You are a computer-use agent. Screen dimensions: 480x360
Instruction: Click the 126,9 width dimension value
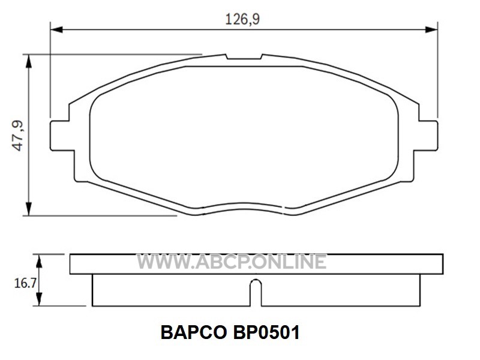point(242,19)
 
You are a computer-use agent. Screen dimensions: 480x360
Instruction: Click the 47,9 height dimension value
point(18,136)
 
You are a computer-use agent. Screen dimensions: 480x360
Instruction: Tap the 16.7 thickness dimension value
point(25,283)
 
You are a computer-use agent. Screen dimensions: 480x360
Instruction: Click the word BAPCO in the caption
point(193,333)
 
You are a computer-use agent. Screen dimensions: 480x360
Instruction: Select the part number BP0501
point(266,333)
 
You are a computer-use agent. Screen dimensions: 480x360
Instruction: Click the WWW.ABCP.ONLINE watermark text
point(232,262)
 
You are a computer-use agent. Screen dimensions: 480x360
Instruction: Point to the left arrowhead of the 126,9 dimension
point(56,29)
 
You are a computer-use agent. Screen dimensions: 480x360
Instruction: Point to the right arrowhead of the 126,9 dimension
point(431,29)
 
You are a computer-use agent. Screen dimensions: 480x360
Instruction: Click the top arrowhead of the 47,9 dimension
point(28,61)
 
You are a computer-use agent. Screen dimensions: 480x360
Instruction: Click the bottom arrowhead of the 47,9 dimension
point(28,209)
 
